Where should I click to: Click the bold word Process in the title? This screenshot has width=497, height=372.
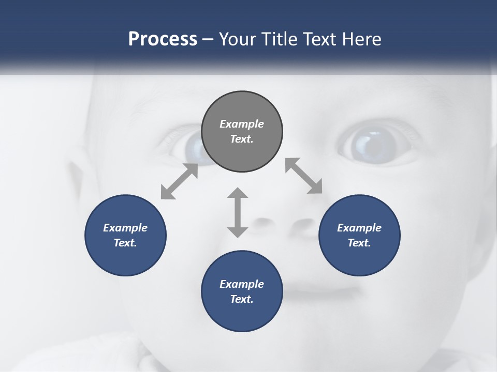[x=163, y=39]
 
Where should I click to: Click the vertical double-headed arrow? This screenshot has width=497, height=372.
[x=238, y=212]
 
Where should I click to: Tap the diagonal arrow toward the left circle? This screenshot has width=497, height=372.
[x=179, y=181]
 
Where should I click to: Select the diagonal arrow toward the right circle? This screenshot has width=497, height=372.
[x=304, y=176]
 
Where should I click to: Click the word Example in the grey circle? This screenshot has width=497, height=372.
[x=242, y=124]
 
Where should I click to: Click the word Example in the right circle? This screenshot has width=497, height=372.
[x=359, y=228]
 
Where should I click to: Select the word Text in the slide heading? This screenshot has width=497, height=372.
[x=317, y=39]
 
